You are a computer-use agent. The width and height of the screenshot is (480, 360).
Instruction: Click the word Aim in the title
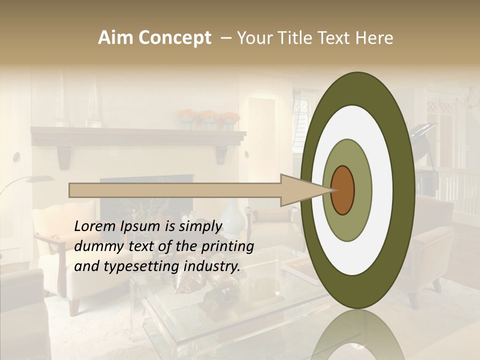tap(116, 38)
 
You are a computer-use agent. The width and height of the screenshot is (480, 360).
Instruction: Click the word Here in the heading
tap(375, 38)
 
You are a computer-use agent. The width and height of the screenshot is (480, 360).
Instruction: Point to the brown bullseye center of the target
tap(342, 190)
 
